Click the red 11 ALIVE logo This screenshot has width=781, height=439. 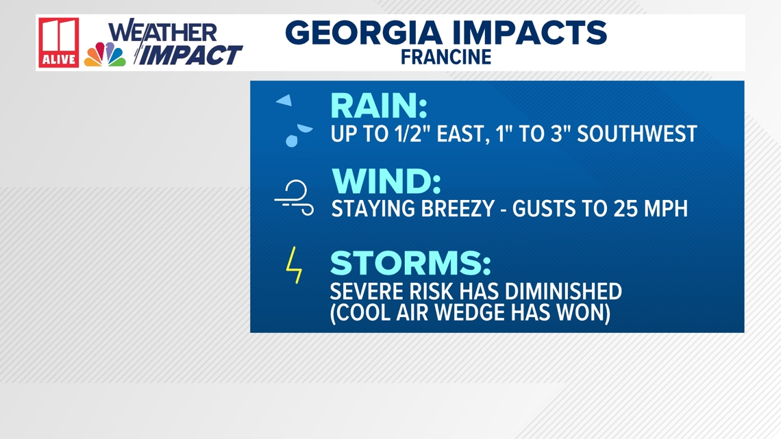click(x=59, y=43)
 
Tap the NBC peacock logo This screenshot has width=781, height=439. click(x=105, y=55)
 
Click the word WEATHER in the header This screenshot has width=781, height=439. click(x=163, y=32)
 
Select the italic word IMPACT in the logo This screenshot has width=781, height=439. click(x=190, y=55)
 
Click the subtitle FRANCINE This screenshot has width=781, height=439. click(x=446, y=58)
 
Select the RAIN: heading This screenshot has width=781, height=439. click(x=379, y=105)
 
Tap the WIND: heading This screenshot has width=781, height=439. click(x=386, y=181)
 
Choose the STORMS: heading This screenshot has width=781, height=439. click(x=410, y=263)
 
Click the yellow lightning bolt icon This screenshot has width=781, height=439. click(x=294, y=265)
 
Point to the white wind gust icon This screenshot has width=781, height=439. click(x=294, y=198)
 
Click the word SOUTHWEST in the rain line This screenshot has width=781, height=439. click(x=637, y=134)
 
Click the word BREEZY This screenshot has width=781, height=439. click(x=457, y=209)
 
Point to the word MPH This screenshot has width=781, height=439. click(x=666, y=209)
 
